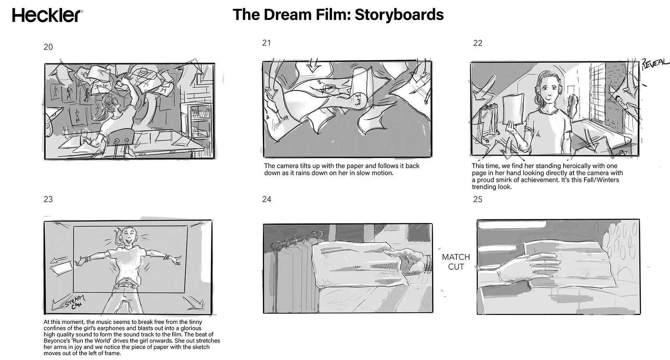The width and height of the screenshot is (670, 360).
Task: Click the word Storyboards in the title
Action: (x=399, y=15)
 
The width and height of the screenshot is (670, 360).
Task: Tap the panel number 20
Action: (x=48, y=47)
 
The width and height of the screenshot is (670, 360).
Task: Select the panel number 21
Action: (x=266, y=43)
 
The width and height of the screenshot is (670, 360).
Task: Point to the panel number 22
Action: (x=478, y=43)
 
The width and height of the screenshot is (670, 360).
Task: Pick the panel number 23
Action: (x=48, y=199)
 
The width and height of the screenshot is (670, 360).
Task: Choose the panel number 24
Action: (x=267, y=199)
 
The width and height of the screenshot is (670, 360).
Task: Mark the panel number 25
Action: (x=478, y=199)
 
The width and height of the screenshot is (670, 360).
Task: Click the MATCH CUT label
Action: (x=456, y=262)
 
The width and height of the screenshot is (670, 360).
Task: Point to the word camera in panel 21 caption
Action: (x=286, y=166)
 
